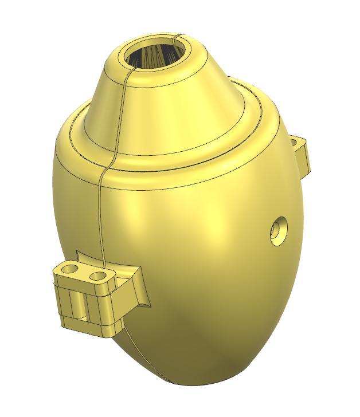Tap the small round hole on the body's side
click(x=279, y=231)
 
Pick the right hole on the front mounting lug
click(x=100, y=276)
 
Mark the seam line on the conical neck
click(x=122, y=109)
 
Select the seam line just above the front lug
click(x=99, y=229)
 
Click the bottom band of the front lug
click(x=86, y=326)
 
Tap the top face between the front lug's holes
click(x=85, y=272)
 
